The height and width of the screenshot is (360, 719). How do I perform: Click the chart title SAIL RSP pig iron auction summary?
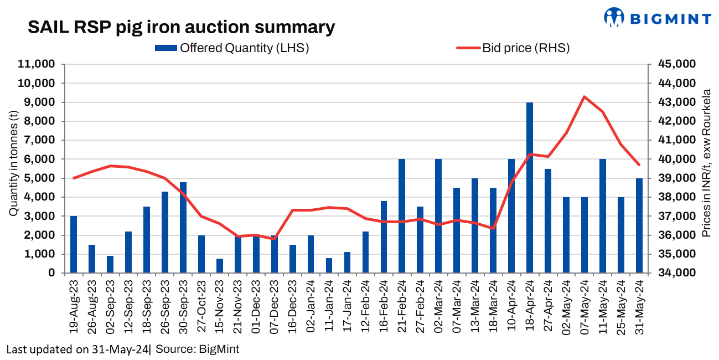tap(182, 27)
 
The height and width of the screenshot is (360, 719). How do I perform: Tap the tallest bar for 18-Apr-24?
tap(530, 188)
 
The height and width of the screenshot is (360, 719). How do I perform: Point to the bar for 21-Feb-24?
tap(402, 216)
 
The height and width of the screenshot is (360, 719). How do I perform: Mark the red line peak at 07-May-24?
tap(584, 97)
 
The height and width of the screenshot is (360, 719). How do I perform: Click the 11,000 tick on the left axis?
tap(38, 64)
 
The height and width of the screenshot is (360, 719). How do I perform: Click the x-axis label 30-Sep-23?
tap(183, 309)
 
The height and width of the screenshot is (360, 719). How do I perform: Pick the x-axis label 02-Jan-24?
tap(311, 309)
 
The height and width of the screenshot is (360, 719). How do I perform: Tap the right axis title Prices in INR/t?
tap(706, 164)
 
